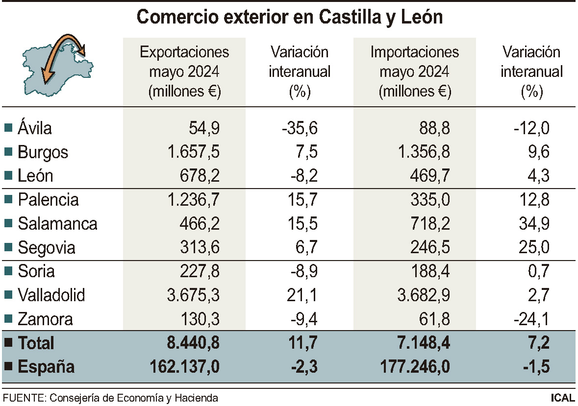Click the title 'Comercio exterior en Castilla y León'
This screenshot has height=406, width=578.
(x=289, y=17)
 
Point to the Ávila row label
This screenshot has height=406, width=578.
(x=34, y=128)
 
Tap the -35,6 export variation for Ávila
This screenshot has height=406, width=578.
(x=300, y=128)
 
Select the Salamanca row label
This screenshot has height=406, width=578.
(x=57, y=224)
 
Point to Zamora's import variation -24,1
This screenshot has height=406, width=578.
(x=531, y=319)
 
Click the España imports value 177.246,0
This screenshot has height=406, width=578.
(x=414, y=367)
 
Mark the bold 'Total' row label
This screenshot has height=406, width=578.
(x=36, y=343)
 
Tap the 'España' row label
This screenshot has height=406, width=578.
(x=46, y=367)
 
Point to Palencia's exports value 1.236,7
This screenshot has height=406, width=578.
(x=192, y=200)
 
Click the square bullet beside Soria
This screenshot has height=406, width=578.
(x=8, y=271)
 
